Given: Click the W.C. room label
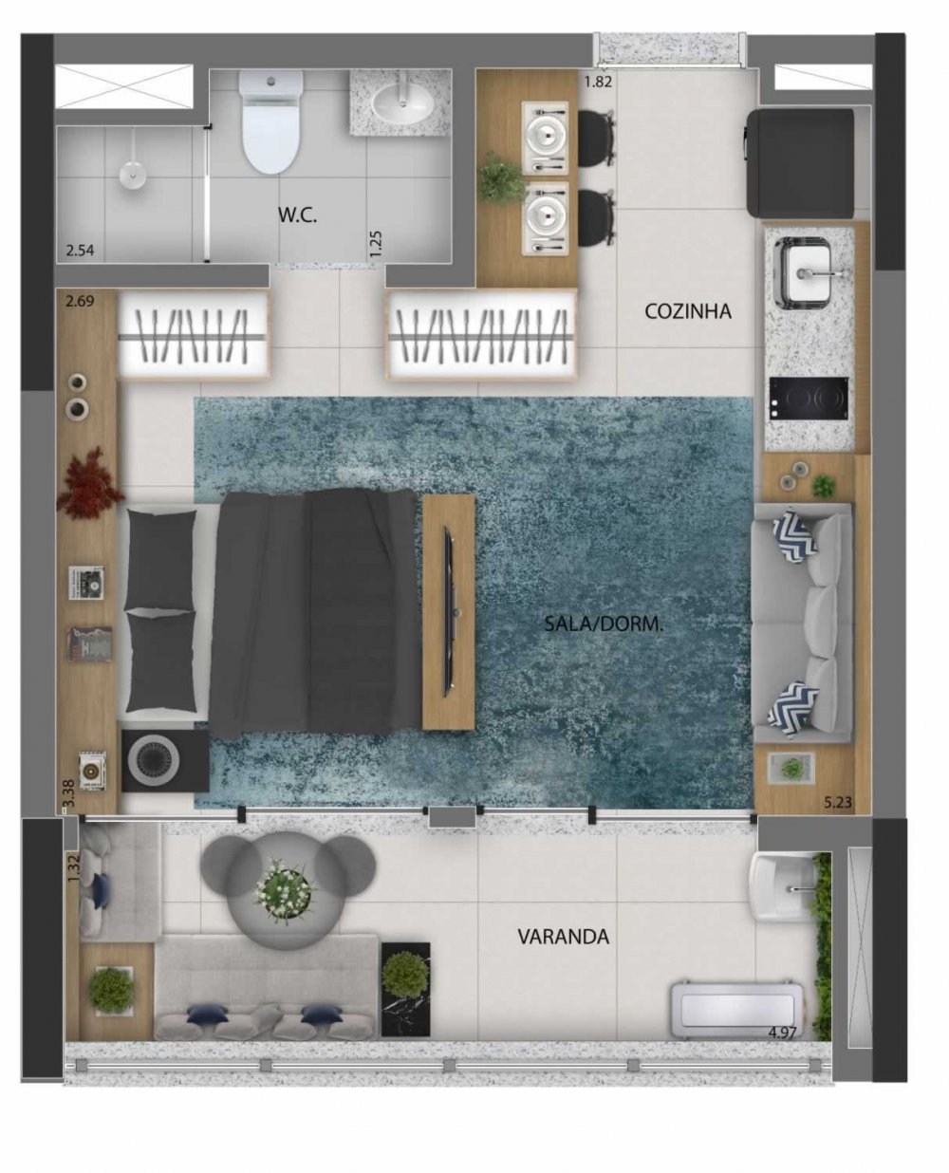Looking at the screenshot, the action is (x=297, y=215).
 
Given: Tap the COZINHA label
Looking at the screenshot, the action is (x=688, y=311).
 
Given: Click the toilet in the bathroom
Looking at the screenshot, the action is (x=271, y=122).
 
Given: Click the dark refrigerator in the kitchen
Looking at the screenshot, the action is (x=800, y=163).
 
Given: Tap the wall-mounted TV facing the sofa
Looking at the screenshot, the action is (x=448, y=609).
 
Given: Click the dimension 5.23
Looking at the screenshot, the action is (x=838, y=802).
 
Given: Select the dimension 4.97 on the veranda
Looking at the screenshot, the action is (x=783, y=1033).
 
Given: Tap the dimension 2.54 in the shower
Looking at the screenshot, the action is (x=80, y=251).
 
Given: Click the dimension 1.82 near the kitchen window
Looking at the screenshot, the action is (x=598, y=82).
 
